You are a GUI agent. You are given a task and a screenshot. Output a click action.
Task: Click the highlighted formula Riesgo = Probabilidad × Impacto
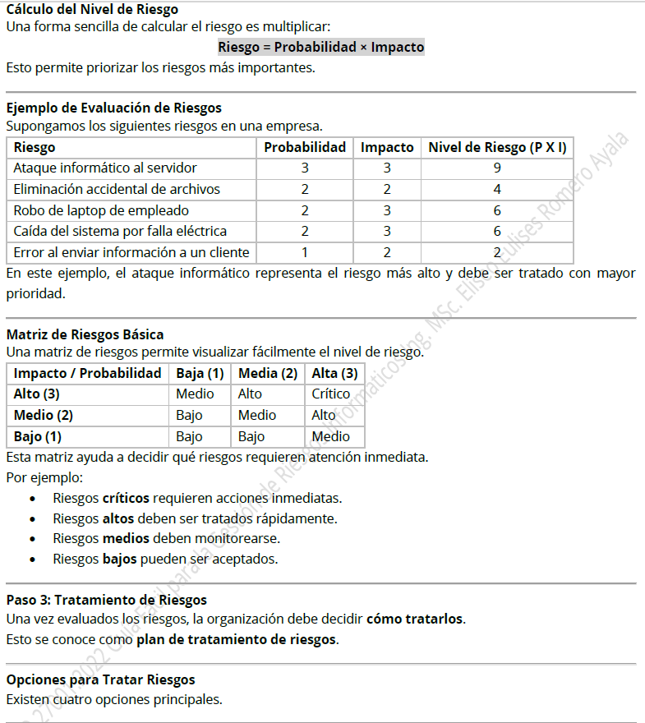pyautogui.click(x=321, y=48)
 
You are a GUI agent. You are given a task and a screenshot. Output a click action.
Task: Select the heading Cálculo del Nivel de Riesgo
pyautogui.click(x=92, y=10)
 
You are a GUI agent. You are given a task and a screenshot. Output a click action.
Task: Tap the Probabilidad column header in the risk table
pyautogui.click(x=305, y=148)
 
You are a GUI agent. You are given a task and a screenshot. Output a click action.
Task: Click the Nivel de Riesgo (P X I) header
pyautogui.click(x=497, y=148)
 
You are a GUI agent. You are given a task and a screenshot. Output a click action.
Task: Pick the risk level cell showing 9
pyautogui.click(x=497, y=168)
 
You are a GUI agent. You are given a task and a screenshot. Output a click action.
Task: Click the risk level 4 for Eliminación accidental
pyautogui.click(x=497, y=189)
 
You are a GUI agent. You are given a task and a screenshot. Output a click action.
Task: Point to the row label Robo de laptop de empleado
pyautogui.click(x=101, y=210)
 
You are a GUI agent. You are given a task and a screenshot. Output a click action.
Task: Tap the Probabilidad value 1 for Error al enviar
pyautogui.click(x=305, y=252)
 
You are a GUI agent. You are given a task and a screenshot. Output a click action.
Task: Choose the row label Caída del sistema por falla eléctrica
pyautogui.click(x=120, y=231)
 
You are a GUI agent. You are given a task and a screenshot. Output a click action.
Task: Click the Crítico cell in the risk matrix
pyautogui.click(x=331, y=394)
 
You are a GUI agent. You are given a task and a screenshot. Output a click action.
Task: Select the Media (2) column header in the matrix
pyautogui.click(x=268, y=374)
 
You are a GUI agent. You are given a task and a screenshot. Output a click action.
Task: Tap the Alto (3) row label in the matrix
pyautogui.click(x=37, y=394)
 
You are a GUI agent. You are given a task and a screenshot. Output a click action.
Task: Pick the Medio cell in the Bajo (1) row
pyautogui.click(x=331, y=436)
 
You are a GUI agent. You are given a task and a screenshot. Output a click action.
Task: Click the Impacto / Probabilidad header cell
pyautogui.click(x=88, y=374)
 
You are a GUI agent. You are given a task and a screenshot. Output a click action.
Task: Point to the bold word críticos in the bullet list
pyautogui.click(x=126, y=498)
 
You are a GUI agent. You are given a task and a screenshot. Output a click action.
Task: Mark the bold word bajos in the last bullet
pyautogui.click(x=119, y=560)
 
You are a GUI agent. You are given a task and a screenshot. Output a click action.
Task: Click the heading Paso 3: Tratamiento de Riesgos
pyautogui.click(x=107, y=600)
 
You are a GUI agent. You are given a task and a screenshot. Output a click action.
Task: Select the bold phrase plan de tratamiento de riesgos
pyautogui.click(x=237, y=638)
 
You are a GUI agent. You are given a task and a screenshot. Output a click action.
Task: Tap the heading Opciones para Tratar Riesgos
pyautogui.click(x=101, y=679)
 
